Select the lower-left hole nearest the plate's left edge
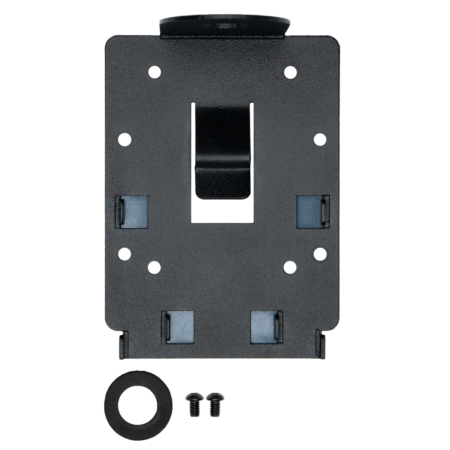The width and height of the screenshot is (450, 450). [x=126, y=254]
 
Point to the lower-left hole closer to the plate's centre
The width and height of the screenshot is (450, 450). [x=154, y=267]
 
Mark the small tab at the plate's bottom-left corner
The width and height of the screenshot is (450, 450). [x=123, y=346]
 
